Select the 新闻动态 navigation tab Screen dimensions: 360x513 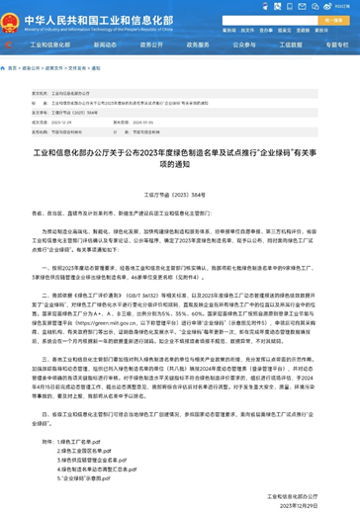(x=105, y=44)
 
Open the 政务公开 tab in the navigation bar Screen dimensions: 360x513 (x=151, y=44)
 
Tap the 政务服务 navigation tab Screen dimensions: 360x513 (x=198, y=44)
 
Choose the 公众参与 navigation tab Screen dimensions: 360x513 (x=243, y=44)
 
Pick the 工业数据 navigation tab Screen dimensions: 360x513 (x=290, y=44)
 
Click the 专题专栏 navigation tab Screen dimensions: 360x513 (x=336, y=44)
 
